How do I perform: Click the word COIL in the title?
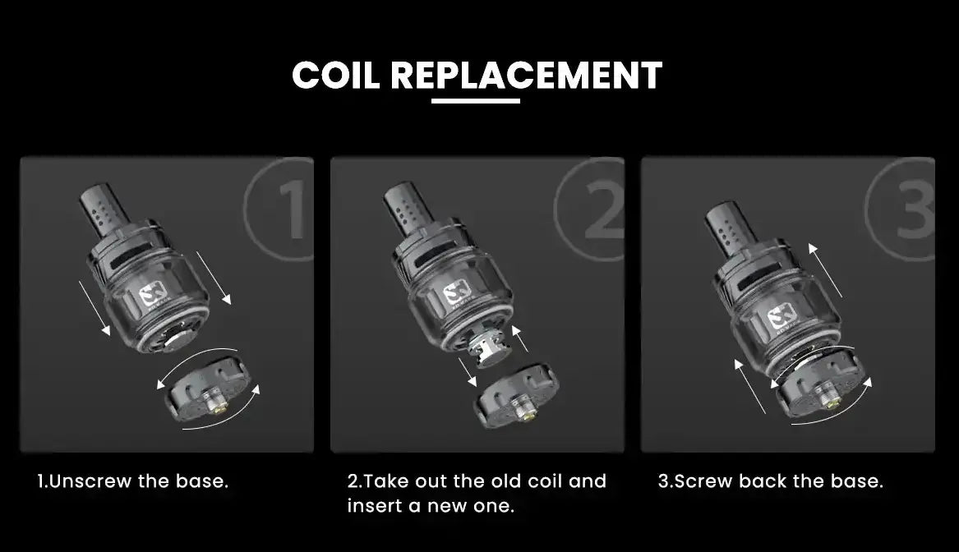click(335, 76)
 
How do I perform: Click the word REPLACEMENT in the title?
click(526, 76)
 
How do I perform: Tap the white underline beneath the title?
click(476, 101)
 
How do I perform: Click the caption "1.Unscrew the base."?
click(133, 481)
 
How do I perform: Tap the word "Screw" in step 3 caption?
click(703, 481)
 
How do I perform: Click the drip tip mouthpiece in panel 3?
click(729, 229)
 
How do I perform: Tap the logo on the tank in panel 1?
click(150, 297)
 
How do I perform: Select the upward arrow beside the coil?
click(520, 338)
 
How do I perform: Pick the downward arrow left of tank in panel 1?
click(95, 308)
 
